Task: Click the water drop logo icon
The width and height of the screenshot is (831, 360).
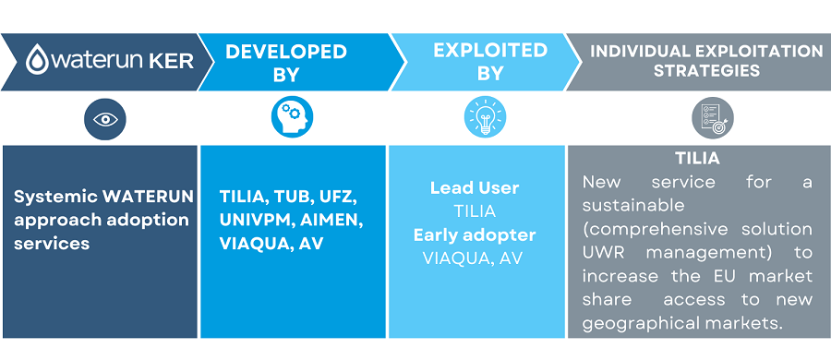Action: tap(36, 61)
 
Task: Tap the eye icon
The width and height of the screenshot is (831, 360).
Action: tap(104, 119)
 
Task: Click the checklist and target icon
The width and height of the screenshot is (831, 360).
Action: tap(707, 117)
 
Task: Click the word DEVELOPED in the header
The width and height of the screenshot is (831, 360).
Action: tap(286, 52)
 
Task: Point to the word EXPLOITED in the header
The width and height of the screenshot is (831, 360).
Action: tap(476, 52)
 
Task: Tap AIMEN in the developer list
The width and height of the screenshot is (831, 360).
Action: tap(331, 220)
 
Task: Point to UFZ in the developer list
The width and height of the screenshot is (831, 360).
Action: tap(332, 197)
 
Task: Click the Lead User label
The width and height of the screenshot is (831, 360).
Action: tap(475, 188)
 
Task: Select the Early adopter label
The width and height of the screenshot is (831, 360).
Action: tap(475, 234)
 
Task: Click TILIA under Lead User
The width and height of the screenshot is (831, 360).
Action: tap(475, 211)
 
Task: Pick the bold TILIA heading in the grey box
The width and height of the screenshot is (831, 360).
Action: tap(697, 159)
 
